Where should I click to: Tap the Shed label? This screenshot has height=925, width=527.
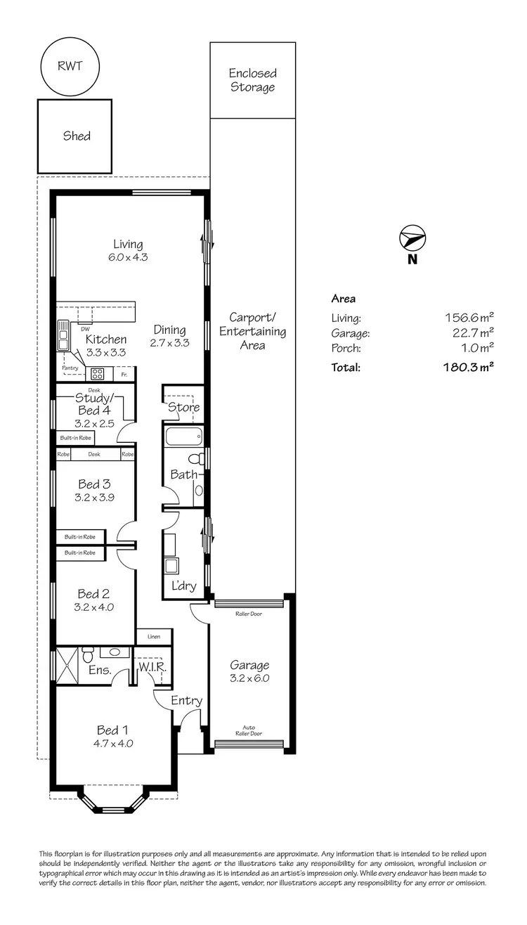tap(76, 136)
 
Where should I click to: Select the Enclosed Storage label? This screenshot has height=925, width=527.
tap(252, 80)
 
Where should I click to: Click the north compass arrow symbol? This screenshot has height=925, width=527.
tap(412, 238)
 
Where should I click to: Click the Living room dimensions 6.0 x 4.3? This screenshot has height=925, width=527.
tap(128, 257)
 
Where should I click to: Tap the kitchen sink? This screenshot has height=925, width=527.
tap(63, 337)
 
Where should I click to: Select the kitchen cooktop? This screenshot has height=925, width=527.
tap(97, 373)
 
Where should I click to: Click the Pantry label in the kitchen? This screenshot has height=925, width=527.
tap(70, 368)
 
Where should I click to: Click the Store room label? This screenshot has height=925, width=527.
tap(183, 407)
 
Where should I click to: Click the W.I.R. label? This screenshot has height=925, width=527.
tap(151, 665)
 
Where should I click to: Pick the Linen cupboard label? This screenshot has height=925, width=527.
tap(154, 637)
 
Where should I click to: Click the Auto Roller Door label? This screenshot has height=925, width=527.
tap(249, 730)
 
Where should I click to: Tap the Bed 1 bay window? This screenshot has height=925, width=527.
tap(112, 801)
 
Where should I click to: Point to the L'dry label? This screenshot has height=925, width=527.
tap(183, 587)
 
